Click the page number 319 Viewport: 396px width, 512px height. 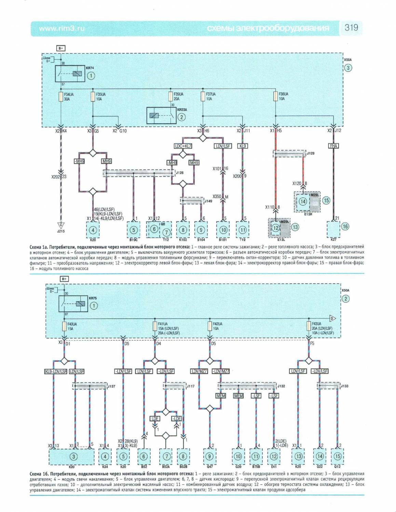[x=351, y=28]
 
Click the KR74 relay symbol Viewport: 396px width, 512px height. [x=70, y=73]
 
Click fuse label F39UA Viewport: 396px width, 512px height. [x=178, y=94]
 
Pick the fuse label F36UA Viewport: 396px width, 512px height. [x=283, y=94]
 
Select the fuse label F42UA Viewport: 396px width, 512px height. [x=218, y=324]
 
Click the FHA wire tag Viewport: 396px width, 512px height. [x=333, y=146]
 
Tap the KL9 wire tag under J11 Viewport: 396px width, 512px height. [x=243, y=146]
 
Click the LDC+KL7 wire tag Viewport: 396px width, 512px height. [x=183, y=146]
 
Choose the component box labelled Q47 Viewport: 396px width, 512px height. [x=209, y=456]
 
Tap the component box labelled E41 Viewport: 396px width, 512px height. [x=274, y=456]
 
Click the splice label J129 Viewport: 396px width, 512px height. [x=311, y=153]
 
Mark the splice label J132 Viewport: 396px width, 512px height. [x=281, y=386]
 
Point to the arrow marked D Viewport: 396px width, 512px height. [x=332, y=319]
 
